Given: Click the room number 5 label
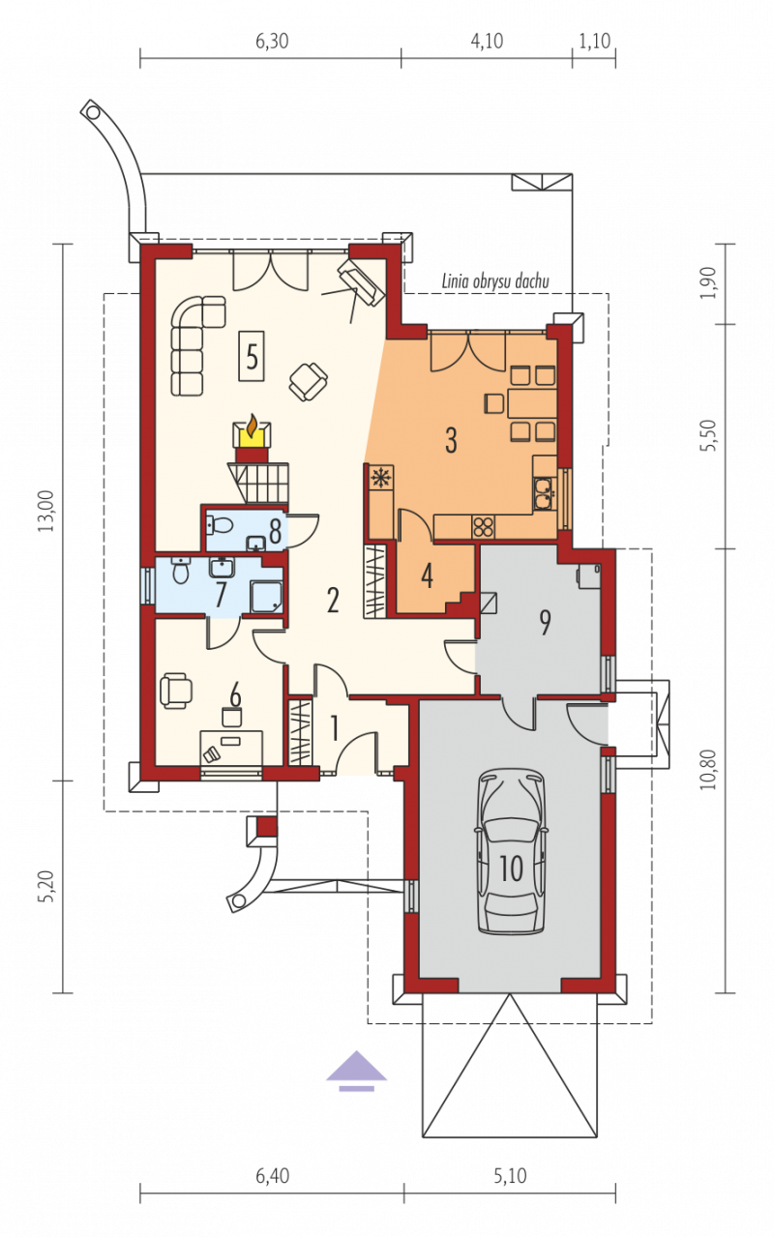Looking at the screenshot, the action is (252, 357).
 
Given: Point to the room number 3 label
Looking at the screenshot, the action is (452, 441).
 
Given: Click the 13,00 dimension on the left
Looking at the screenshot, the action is (46, 511).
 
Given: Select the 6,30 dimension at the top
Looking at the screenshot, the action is (272, 42).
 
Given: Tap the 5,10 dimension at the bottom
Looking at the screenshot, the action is (510, 1176).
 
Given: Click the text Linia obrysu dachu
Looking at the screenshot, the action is (495, 281).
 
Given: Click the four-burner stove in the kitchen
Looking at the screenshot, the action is (484, 526).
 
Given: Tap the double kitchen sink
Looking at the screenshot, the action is (544, 492).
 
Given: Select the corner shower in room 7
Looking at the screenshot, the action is (267, 597).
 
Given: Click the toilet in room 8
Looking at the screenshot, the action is (221, 524).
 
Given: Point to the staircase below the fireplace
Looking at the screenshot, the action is (258, 482).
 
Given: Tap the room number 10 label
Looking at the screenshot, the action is (511, 869).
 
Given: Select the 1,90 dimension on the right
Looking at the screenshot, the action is (709, 283).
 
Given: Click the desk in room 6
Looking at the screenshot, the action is (231, 748).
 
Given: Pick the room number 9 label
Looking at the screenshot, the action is (545, 622).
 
